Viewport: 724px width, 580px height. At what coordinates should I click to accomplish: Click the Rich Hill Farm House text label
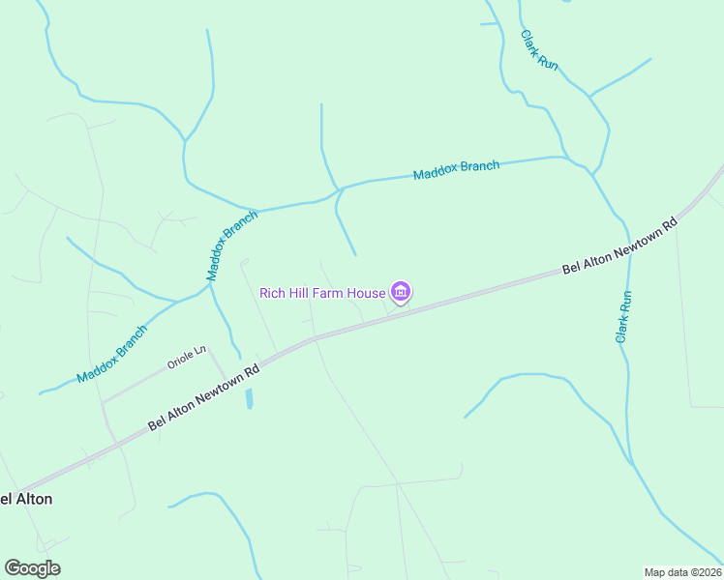[323, 293]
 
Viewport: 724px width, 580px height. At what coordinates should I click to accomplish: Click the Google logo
[32, 568]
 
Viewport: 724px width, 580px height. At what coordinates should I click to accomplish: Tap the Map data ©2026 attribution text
[682, 571]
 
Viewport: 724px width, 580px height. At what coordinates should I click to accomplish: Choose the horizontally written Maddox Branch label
[456, 170]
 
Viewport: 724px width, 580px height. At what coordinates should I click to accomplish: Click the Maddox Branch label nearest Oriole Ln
[113, 353]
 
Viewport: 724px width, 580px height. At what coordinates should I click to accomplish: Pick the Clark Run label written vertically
[624, 317]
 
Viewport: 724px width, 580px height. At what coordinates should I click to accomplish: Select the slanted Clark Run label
[539, 49]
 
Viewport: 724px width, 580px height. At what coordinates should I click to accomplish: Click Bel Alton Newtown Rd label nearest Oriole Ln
[204, 397]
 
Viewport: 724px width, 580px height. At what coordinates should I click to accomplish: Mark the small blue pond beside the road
[249, 397]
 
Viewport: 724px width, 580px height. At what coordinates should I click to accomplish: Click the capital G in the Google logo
[13, 567]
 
